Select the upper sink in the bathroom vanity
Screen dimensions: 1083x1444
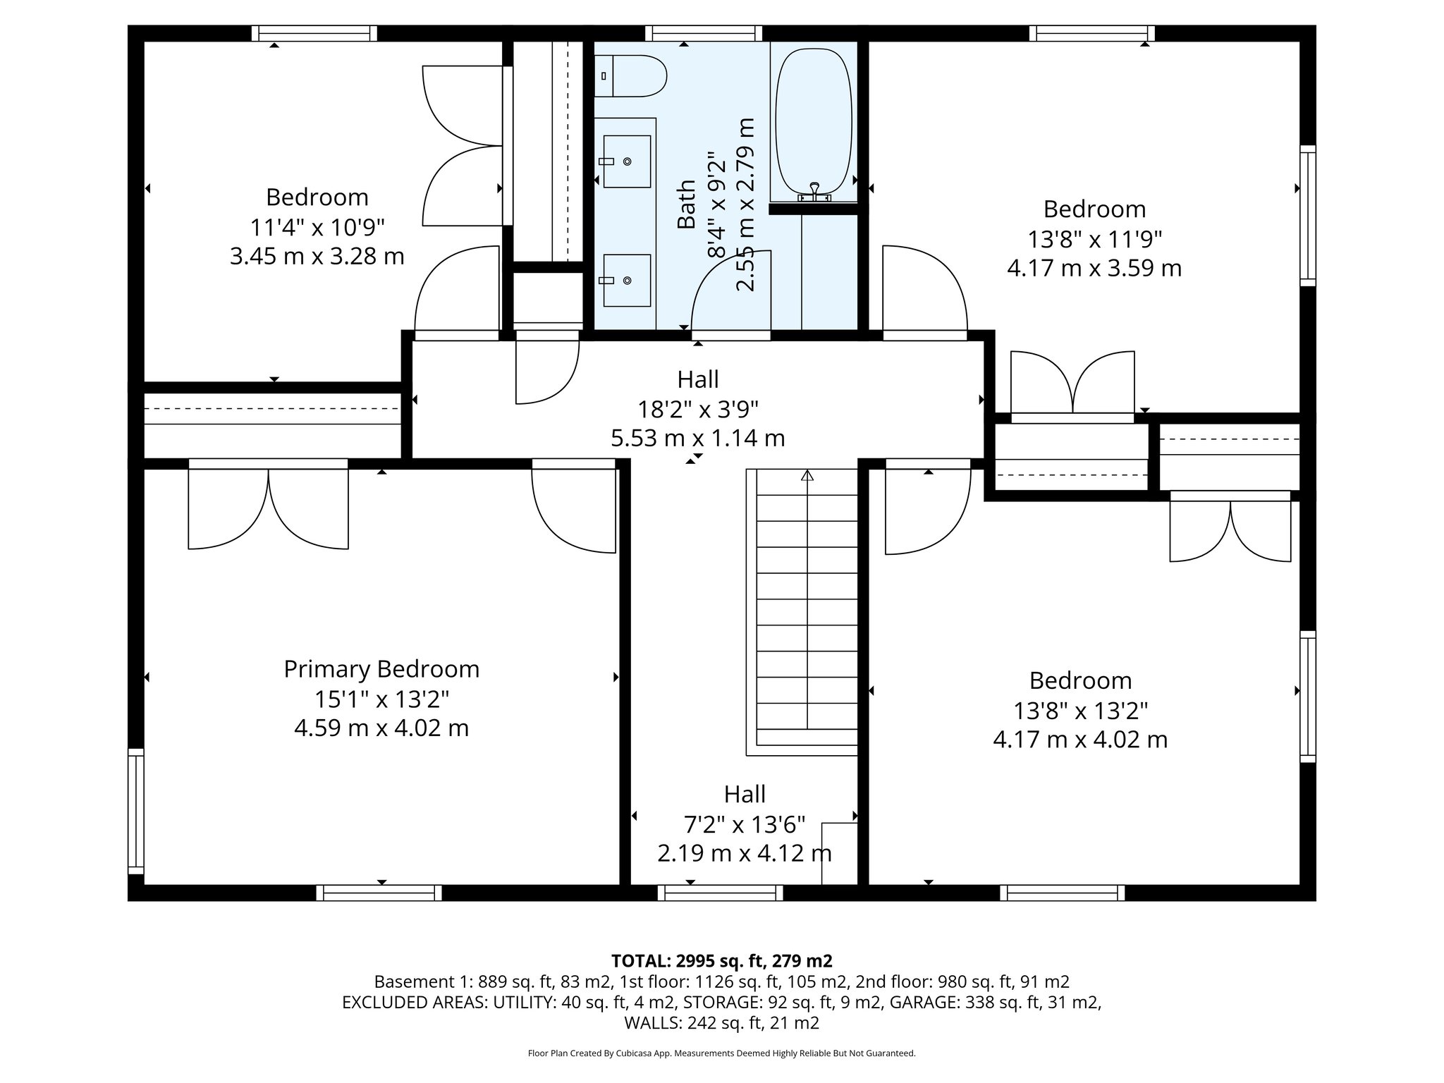pyautogui.click(x=626, y=161)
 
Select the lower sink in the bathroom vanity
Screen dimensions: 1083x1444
pyautogui.click(x=626, y=280)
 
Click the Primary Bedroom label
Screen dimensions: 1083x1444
pyautogui.click(x=381, y=669)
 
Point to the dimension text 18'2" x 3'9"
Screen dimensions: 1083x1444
pyautogui.click(x=697, y=409)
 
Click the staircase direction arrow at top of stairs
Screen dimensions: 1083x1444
pyautogui.click(x=807, y=476)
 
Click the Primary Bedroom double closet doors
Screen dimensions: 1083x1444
pyautogui.click(x=268, y=508)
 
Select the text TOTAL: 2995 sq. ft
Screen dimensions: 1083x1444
pyautogui.click(x=721, y=960)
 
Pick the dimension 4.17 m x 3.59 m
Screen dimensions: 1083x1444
pyautogui.click(x=1094, y=269)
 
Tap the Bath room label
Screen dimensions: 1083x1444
pyautogui.click(x=686, y=204)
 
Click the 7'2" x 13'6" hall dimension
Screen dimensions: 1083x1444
pyautogui.click(x=744, y=824)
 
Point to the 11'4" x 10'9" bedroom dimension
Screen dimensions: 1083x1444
pyautogui.click(x=317, y=227)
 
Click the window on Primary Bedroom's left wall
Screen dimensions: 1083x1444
pyautogui.click(x=135, y=811)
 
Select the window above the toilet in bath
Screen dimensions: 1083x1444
pyautogui.click(x=704, y=33)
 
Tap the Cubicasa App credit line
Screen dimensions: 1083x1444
pyautogui.click(x=721, y=1053)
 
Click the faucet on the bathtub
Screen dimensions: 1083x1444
pyautogui.click(x=814, y=190)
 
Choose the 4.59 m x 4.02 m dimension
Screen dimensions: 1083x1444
pyautogui.click(x=381, y=728)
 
